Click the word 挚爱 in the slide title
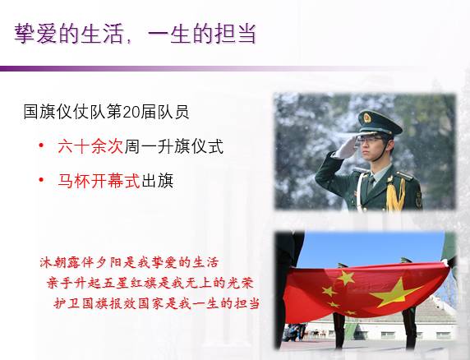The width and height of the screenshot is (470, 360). (35, 33)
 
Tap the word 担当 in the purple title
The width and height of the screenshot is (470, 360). (235, 33)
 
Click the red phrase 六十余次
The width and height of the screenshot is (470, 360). (90, 146)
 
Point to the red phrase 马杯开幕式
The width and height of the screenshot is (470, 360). (99, 181)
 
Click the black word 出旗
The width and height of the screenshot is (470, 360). (157, 181)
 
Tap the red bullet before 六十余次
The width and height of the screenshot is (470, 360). (42, 145)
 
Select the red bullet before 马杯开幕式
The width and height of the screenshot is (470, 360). (42, 180)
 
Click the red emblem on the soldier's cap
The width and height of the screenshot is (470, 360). (367, 118)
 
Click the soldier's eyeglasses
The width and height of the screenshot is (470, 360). (371, 140)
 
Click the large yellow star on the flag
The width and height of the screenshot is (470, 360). (395, 293)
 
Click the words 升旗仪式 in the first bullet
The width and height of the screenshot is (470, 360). (191, 146)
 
